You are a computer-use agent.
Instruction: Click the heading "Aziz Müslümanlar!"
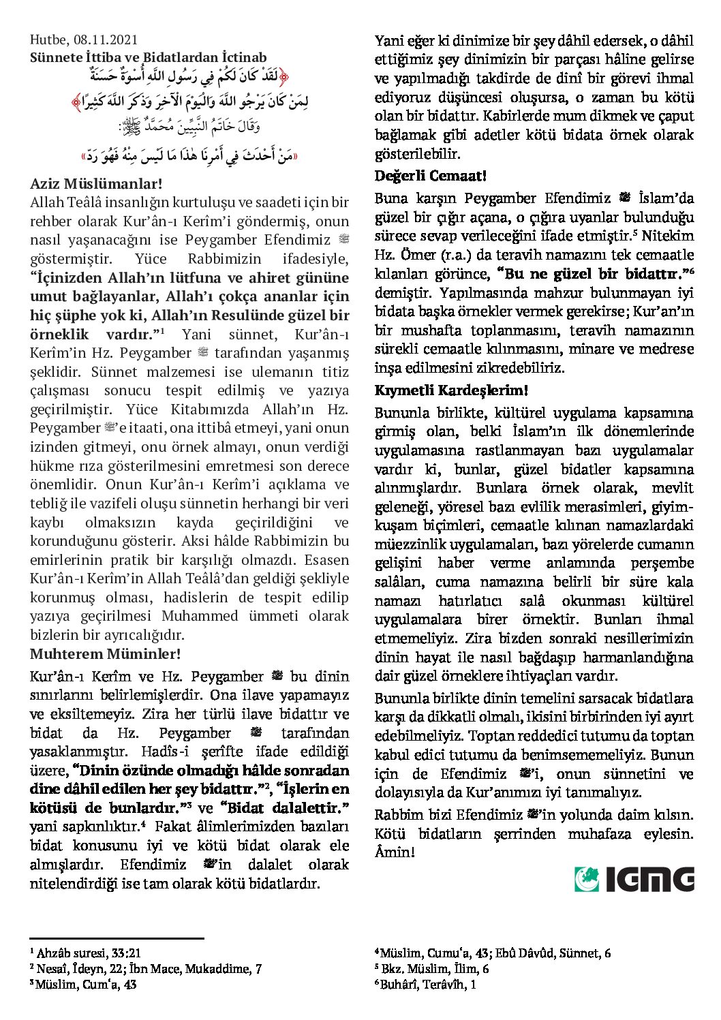(96, 183)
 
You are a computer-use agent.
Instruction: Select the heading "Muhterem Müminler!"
(106, 654)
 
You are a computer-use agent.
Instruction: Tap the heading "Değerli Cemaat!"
(431, 176)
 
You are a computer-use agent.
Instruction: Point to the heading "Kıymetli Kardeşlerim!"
(451, 390)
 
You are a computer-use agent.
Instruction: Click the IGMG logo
(634, 879)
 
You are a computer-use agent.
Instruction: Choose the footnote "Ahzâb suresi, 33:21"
(86, 953)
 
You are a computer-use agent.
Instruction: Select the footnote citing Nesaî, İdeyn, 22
(146, 968)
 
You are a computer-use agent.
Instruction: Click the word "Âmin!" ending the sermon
(395, 852)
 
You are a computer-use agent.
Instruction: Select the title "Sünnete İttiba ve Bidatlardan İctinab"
(149, 57)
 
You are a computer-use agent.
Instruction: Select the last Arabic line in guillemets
(190, 155)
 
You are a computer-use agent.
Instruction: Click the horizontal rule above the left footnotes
(117, 938)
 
